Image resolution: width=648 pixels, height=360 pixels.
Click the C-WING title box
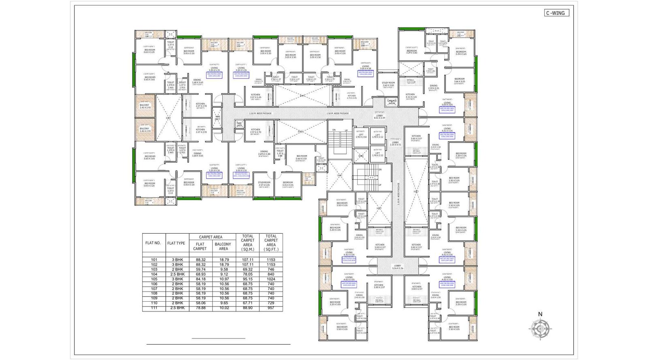coord(556,13)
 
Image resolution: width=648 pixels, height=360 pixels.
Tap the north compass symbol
coord(540,327)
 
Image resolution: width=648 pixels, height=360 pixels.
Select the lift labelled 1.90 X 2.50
coord(361,135)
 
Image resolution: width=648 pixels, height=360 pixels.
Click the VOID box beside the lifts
coord(361,156)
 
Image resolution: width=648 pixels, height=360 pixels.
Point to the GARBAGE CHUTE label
coord(392,102)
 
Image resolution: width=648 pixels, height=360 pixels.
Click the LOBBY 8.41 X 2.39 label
coord(379,117)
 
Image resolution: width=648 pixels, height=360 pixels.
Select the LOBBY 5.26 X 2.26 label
coord(397,267)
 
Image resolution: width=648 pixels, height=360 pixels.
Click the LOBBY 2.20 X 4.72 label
coord(395,143)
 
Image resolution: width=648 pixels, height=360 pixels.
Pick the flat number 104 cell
coord(154,274)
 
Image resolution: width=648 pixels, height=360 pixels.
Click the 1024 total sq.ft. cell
coord(271,279)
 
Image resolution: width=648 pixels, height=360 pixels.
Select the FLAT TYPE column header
coord(176,243)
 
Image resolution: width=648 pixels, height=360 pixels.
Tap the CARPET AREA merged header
coord(211,237)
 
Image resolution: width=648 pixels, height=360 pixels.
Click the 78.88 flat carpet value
coord(200,308)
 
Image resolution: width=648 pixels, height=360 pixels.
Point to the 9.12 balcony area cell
coord(224,274)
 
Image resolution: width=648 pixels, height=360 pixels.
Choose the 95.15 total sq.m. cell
coord(247,279)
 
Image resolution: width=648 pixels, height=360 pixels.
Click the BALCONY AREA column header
coord(223,246)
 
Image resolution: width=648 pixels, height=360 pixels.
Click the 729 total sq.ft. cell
coord(271,303)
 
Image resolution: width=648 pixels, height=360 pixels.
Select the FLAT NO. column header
coord(153,243)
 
